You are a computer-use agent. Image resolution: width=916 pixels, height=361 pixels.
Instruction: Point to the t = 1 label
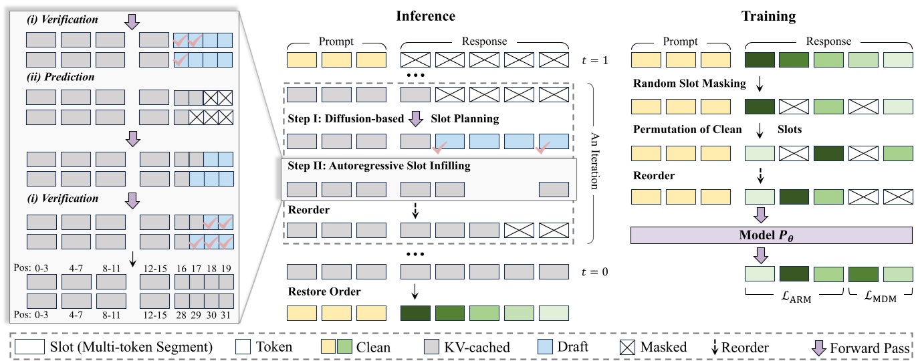click(x=595, y=61)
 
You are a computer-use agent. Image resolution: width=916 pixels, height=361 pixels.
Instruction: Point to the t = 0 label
click(x=595, y=272)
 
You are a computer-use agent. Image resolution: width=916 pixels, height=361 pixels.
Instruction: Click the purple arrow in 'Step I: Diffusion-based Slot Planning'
click(x=416, y=119)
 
